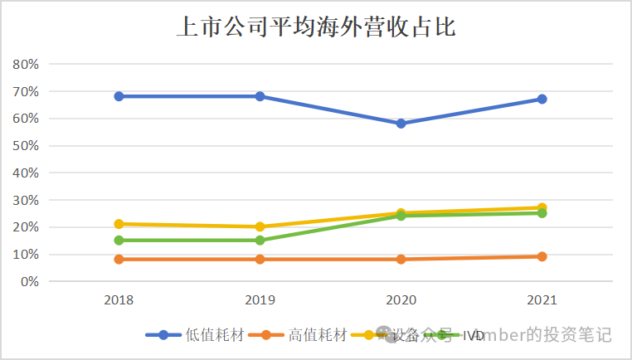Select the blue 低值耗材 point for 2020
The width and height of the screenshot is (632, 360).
click(401, 124)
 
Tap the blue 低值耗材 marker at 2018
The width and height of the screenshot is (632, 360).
click(119, 96)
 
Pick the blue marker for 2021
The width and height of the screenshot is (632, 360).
click(542, 99)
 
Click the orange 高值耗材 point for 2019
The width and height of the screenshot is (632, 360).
click(260, 259)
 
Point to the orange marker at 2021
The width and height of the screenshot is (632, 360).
click(542, 256)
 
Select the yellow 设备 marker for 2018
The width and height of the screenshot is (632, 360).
click(119, 224)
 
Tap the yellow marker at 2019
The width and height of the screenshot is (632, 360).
click(260, 226)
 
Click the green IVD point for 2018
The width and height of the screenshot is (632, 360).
click(119, 241)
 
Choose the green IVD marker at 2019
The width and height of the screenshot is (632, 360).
click(260, 241)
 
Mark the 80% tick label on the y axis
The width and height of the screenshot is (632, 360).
click(26, 64)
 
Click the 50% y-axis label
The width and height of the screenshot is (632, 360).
click(26, 146)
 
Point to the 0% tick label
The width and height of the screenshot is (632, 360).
click(29, 282)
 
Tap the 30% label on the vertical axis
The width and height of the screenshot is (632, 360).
click(26, 200)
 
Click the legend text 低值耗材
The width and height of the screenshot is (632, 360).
click(214, 335)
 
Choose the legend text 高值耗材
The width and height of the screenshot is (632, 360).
click(318, 335)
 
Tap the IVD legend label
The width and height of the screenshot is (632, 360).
click(474, 335)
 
